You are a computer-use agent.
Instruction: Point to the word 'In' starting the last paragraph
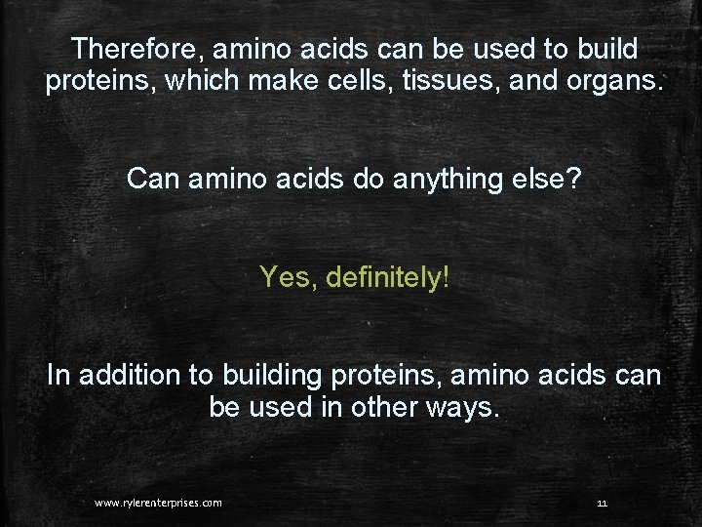[x=59, y=376]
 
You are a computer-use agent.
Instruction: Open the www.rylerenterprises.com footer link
[x=158, y=503]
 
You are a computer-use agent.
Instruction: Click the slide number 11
[x=602, y=503]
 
